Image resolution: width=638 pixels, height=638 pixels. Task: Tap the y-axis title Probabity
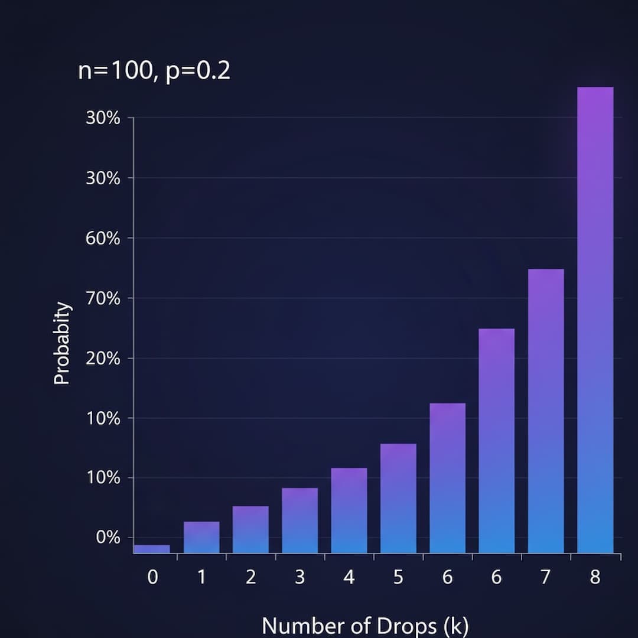click(62, 343)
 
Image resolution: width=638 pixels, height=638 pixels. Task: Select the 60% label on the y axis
click(103, 239)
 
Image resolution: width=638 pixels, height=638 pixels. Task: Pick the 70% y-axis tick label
click(103, 298)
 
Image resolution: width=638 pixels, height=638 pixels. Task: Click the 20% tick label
click(103, 359)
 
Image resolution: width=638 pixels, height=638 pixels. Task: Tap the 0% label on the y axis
click(108, 538)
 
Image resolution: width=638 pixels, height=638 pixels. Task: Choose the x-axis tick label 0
click(152, 577)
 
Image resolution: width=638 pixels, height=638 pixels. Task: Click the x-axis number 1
click(201, 577)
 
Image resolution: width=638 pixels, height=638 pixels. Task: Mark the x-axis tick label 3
click(300, 577)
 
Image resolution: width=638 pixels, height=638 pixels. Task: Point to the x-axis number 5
click(398, 577)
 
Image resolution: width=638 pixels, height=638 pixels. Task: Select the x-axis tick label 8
click(595, 577)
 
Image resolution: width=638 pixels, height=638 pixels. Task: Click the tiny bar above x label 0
click(152, 549)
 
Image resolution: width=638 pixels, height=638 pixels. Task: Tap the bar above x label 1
click(201, 537)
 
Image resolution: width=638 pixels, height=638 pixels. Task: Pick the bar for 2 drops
click(250, 529)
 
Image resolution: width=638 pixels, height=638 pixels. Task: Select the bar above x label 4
click(349, 510)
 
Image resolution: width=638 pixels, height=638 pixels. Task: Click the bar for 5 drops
click(398, 498)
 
